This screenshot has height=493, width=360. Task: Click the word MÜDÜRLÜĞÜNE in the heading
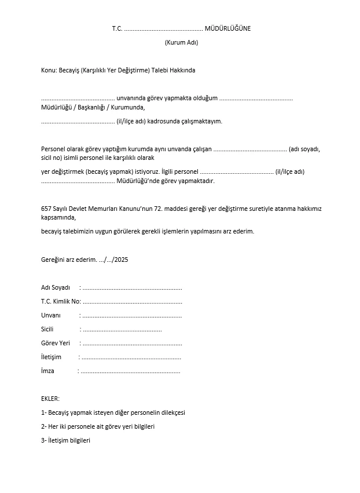pyautogui.click(x=227, y=28)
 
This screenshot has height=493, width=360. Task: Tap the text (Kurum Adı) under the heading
pyautogui.click(x=181, y=42)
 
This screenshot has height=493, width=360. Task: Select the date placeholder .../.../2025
pyautogui.click(x=113, y=260)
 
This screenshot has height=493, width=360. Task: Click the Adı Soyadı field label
pyautogui.click(x=56, y=287)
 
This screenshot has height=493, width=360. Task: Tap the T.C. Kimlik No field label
pyautogui.click(x=60, y=301)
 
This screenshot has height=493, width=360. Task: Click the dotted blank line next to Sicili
pyautogui.click(x=122, y=330)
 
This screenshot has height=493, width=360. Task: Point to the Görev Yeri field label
pyautogui.click(x=56, y=343)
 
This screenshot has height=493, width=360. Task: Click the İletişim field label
pyautogui.click(x=51, y=357)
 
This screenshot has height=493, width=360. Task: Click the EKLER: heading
pyautogui.click(x=50, y=399)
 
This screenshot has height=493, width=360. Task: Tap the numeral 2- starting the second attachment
pyautogui.click(x=44, y=426)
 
